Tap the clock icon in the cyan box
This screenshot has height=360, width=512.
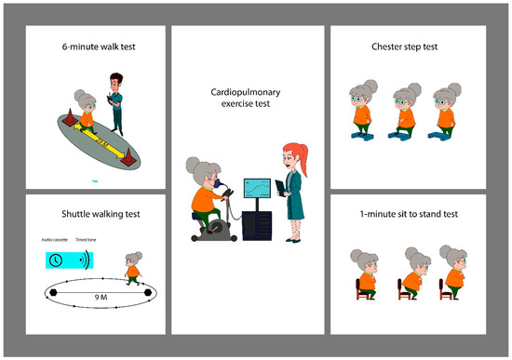[56, 260]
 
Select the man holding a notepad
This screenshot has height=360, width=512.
[116, 101]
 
